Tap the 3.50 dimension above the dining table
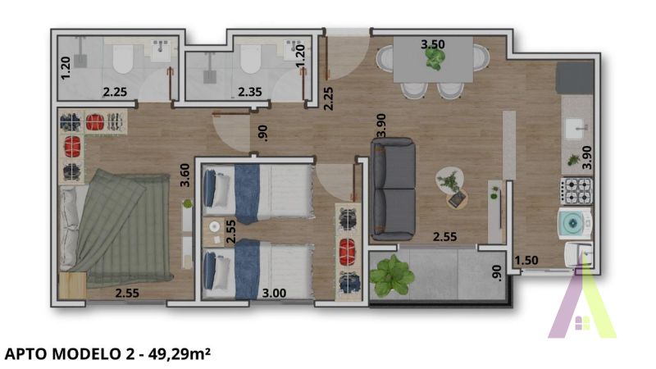pos(432,43)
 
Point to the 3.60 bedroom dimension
pos(185,175)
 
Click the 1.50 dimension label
pos(526,261)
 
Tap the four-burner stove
pos(576,192)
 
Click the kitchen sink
pos(576,128)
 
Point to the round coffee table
pos(449,180)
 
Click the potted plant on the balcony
pos(392,275)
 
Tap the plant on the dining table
pos(435,58)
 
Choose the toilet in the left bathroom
pos(124,59)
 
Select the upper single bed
pos(257,192)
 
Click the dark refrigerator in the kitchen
pos(575,79)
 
